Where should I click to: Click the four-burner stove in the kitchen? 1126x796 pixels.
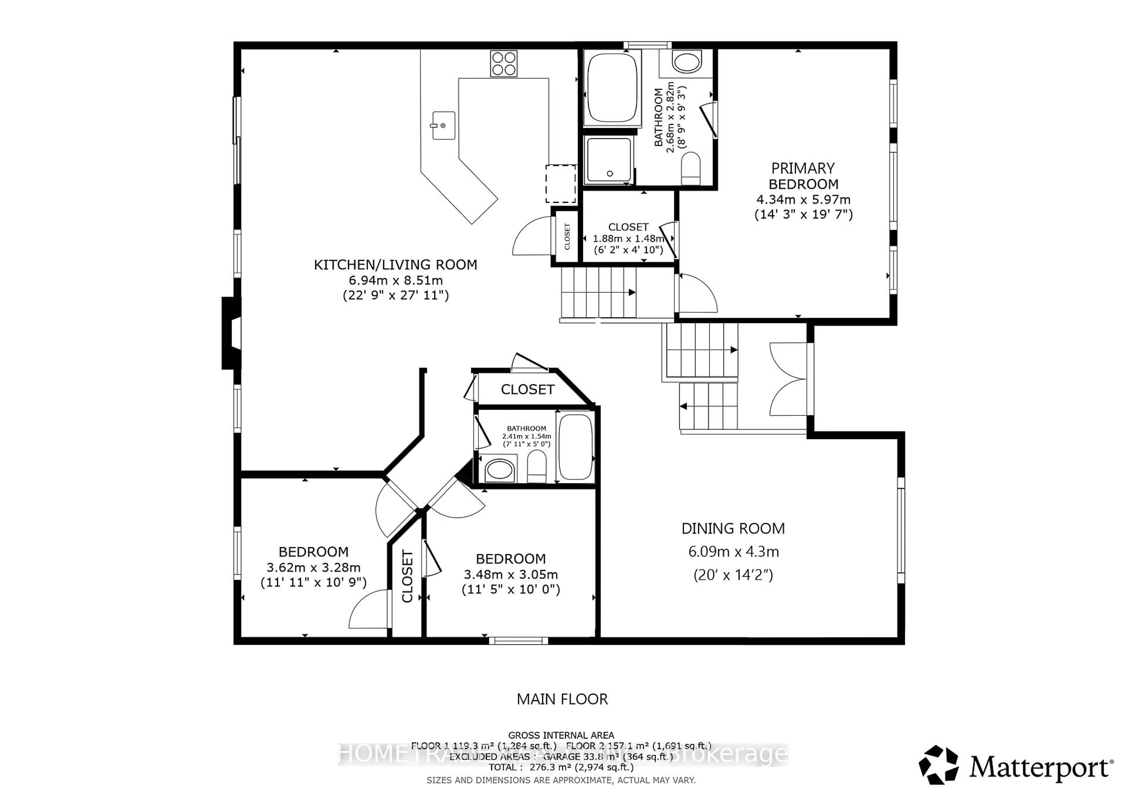coord(504,64)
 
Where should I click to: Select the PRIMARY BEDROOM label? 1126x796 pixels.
coord(803,176)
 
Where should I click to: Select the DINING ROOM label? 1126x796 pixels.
coord(733,528)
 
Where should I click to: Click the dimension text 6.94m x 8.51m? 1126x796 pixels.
coord(395,280)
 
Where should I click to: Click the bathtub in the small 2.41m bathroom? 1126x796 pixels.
coord(575,447)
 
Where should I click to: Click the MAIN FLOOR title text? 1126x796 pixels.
coord(562,699)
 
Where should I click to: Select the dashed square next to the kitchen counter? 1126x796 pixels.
coord(561,184)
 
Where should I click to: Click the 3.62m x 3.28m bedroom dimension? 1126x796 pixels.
coord(313,568)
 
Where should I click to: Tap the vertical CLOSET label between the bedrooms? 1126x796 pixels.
coord(407,576)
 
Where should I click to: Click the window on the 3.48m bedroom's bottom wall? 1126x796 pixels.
coord(518,640)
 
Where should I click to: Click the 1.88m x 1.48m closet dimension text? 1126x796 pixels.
coord(628,239)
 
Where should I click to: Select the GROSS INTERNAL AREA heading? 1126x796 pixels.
coord(561,735)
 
